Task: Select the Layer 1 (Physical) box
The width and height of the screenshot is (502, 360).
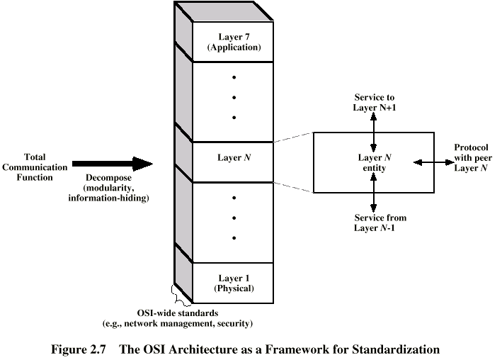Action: pyautogui.click(x=234, y=283)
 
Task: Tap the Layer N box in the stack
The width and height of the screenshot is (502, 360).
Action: pyautogui.click(x=234, y=157)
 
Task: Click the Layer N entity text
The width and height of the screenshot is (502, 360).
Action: pyautogui.click(x=374, y=162)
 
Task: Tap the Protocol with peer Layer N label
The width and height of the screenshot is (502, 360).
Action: pyautogui.click(x=474, y=157)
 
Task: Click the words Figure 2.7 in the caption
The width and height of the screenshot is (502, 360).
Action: pyautogui.click(x=79, y=349)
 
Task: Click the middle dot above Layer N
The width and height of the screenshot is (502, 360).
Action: pyautogui.click(x=234, y=97)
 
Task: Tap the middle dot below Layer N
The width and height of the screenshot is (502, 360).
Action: pyautogui.click(x=234, y=218)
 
